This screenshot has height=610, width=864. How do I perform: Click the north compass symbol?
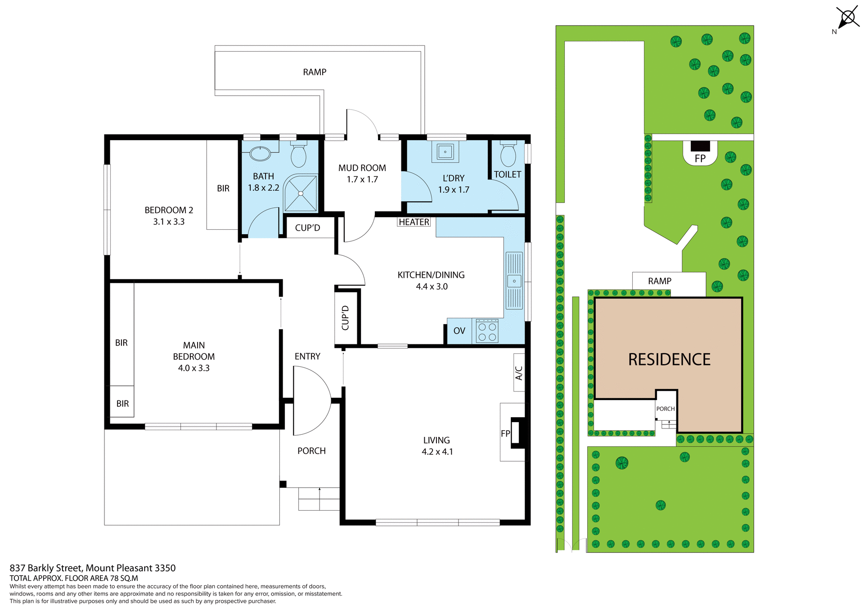point(847,18)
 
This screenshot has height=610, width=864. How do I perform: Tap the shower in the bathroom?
point(301,193)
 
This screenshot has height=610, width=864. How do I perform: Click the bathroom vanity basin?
point(260,153)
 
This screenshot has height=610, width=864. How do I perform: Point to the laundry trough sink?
point(445,152)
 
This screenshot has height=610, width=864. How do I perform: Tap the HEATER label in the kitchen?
point(414,222)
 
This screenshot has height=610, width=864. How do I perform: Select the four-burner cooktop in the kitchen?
point(487,332)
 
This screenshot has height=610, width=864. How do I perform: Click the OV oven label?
point(459,331)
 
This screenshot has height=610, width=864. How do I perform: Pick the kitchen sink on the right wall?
point(514,281)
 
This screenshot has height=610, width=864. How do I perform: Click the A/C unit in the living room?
point(519,373)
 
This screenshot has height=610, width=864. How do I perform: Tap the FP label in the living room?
point(505,433)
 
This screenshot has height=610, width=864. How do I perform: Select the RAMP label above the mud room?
point(315,72)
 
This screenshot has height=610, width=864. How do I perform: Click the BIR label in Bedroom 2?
point(223,188)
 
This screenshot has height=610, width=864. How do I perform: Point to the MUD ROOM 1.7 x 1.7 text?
point(362,174)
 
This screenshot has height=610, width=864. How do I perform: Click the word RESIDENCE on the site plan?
point(669,360)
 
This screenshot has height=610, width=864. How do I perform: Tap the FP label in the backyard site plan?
point(700,158)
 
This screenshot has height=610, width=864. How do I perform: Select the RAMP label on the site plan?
point(659,281)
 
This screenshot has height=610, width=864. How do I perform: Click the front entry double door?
point(311,400)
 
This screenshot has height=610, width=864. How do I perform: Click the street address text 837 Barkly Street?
point(93,568)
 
